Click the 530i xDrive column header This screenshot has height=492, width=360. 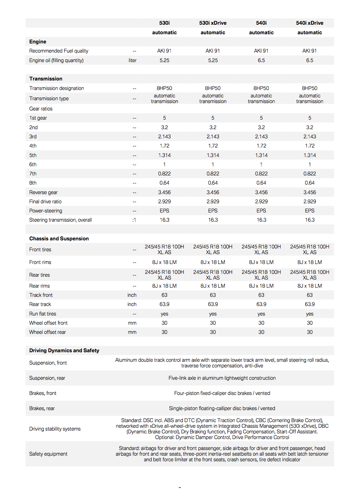pos(212,23)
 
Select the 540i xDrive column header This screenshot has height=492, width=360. pos(310,23)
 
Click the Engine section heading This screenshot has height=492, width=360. pos(38,42)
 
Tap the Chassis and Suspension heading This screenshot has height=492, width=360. pos(59,239)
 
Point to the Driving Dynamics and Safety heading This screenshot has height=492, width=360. pos(64,350)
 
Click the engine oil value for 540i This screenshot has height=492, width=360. pos(261,60)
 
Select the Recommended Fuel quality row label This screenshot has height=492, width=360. pos(59,51)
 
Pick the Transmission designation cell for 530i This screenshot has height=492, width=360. pos(164,88)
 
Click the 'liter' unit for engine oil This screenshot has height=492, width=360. pos(132,60)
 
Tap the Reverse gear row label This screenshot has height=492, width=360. pos(43,192)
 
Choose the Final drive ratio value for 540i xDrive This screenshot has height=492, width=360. pos(310,202)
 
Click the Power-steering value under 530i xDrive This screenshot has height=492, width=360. pos(213,211)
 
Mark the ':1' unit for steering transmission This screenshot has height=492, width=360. pos(134,220)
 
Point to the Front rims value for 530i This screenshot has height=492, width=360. pos(164,262)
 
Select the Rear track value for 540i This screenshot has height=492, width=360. pos(261,304)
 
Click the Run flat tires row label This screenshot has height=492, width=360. pos(43,314)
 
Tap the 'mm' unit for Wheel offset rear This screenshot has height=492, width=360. pos(132,332)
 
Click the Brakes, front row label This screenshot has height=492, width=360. pos(43,393)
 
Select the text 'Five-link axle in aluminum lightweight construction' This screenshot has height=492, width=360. pos(222,378)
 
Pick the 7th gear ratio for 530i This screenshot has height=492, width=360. pos(164,174)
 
